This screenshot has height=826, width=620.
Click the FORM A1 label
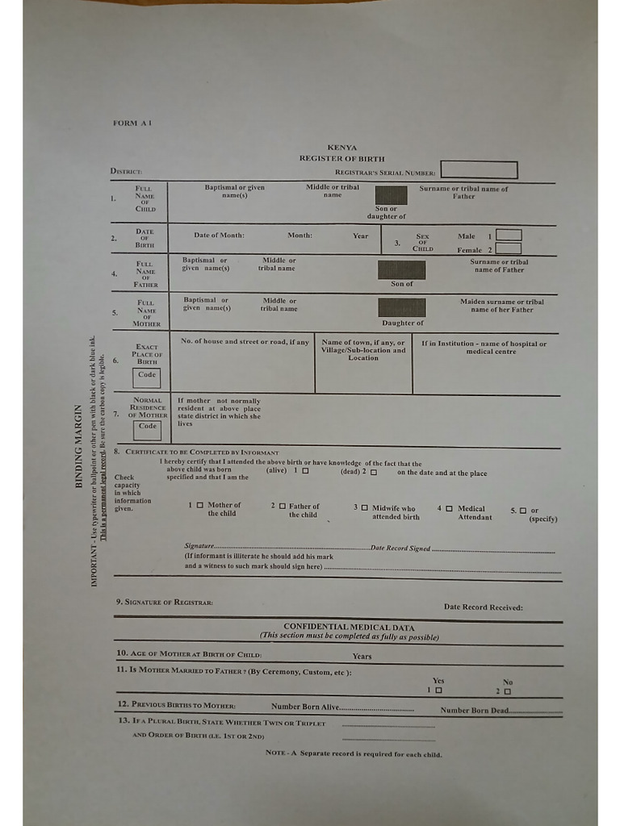pos(132,123)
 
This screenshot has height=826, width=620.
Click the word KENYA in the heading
pos(342,148)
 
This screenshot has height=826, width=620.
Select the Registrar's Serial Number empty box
pos(479,170)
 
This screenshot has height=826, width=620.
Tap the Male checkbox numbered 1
pos(509,236)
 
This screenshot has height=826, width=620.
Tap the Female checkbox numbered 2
pos(509,248)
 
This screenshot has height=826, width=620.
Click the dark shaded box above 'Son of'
pos(401,270)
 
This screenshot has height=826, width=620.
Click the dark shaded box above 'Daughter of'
pos(401,308)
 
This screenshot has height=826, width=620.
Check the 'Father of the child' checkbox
pos(282,506)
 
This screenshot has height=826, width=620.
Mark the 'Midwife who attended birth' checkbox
pos(364,507)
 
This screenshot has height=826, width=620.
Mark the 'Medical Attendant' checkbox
pos(449,508)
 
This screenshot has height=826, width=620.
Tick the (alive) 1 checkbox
pos(305,470)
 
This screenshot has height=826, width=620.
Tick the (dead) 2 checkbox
pos(374,472)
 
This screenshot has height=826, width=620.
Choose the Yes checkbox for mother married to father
pos(438,690)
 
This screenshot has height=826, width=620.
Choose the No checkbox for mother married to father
pos(508,691)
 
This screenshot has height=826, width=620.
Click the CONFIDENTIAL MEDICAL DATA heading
pos(349,627)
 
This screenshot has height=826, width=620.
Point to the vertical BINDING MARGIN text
pos(79,446)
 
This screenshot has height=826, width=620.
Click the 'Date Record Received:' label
pos(483,607)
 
